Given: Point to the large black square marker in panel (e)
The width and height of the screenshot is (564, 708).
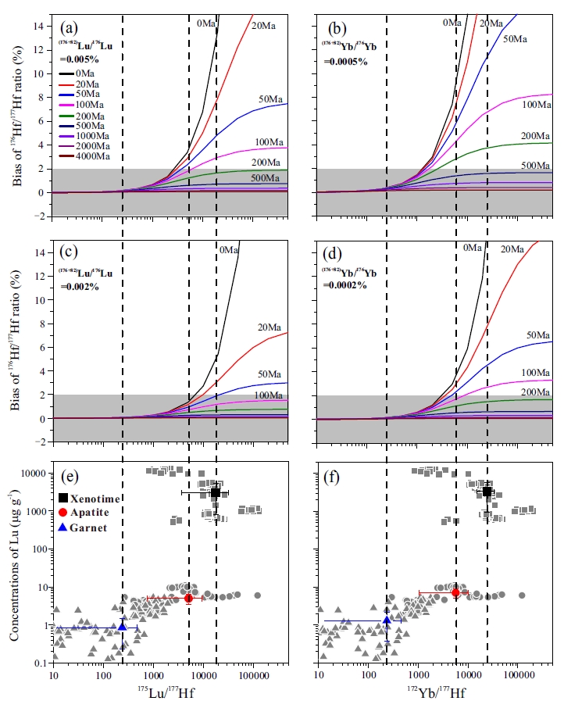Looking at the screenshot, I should click(216, 492).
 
